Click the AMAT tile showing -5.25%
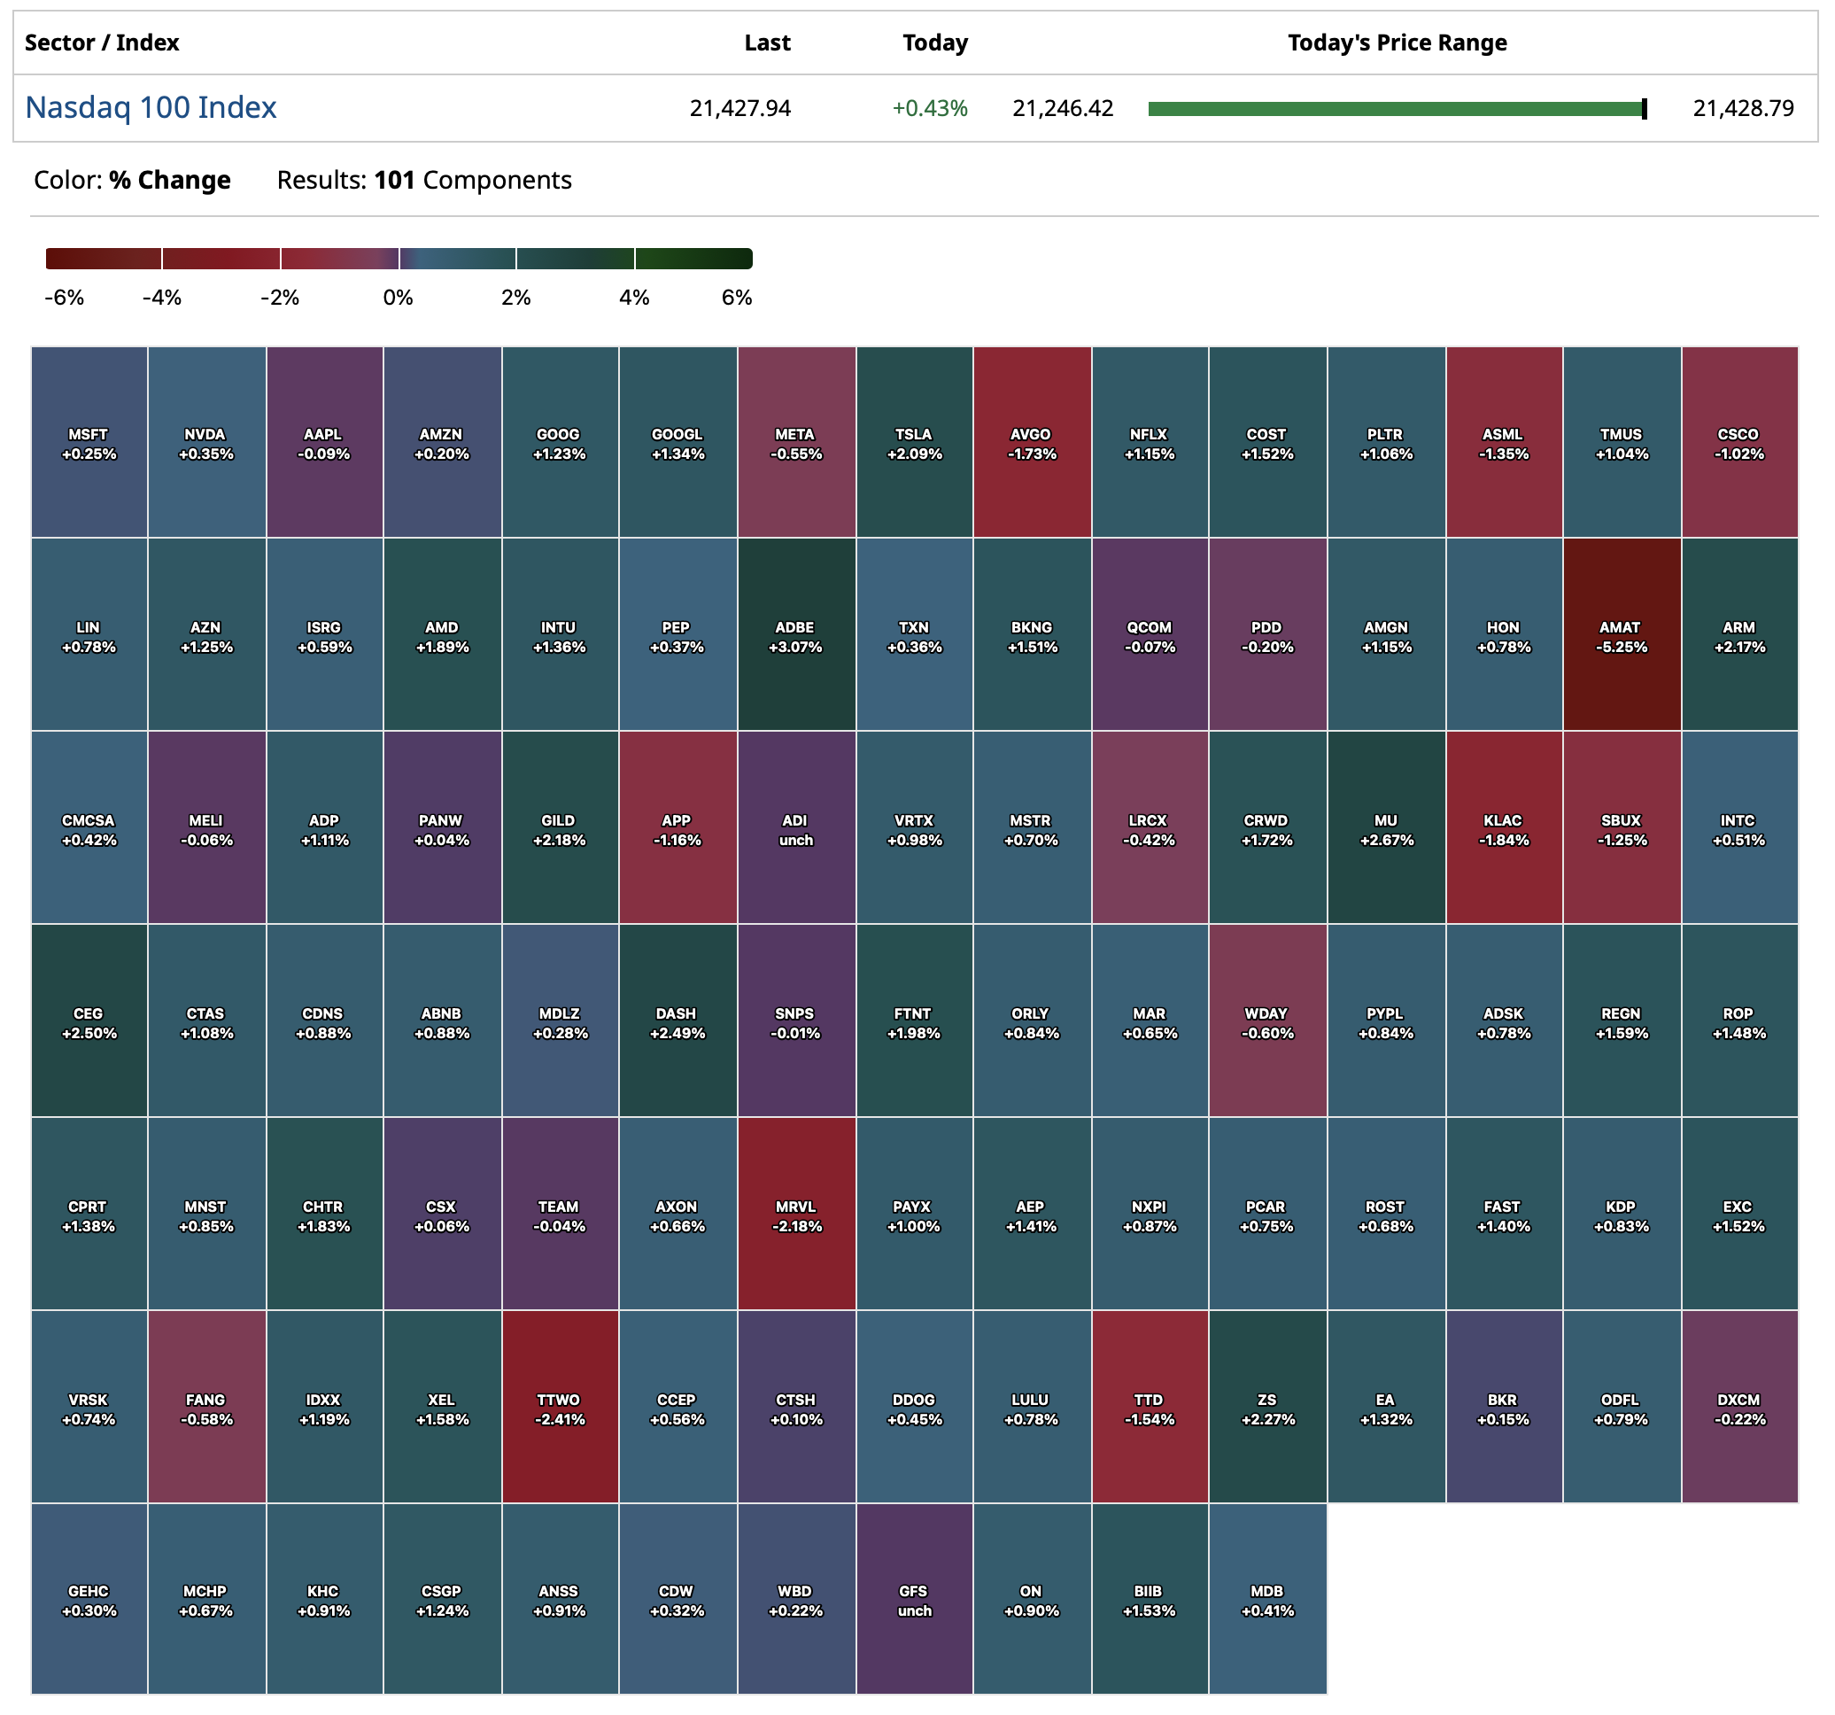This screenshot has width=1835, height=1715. click(1621, 635)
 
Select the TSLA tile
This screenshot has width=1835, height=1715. click(914, 442)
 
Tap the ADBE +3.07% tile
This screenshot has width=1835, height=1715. click(795, 635)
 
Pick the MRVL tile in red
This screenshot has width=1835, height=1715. click(795, 1214)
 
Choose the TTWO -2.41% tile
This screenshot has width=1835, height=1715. click(560, 1408)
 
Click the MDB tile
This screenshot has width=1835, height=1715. click(1267, 1600)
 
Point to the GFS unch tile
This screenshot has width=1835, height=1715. click(914, 1600)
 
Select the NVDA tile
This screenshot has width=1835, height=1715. click(205, 442)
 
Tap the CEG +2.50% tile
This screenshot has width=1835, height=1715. click(89, 1021)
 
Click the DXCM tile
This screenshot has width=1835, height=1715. click(1739, 1408)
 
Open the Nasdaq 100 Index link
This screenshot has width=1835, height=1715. click(151, 108)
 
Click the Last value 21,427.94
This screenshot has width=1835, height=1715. click(739, 109)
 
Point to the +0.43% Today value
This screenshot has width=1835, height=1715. click(930, 109)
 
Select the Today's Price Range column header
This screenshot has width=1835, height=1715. click(1397, 43)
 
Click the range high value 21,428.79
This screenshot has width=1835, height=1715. click(1743, 109)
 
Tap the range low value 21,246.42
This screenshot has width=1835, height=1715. click(1063, 109)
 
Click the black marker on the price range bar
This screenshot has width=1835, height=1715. click(1644, 109)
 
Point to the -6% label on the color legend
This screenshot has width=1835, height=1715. click(65, 298)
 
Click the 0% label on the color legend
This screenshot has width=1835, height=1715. click(398, 298)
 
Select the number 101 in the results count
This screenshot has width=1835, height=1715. click(394, 180)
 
